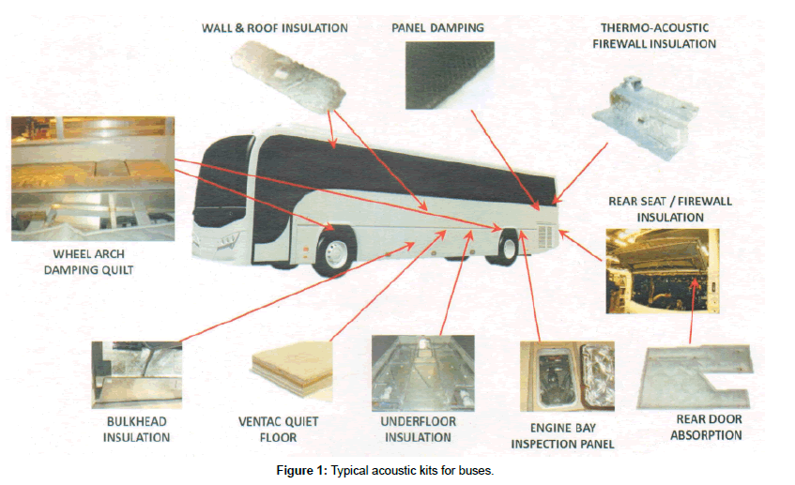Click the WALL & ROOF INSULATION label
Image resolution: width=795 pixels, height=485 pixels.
[274, 28]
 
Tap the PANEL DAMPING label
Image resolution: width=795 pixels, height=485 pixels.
[437, 28]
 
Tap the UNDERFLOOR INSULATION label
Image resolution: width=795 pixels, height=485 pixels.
[419, 430]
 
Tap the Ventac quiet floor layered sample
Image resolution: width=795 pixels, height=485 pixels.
[294, 374]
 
